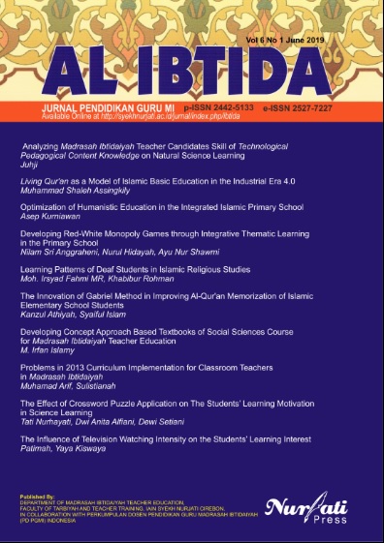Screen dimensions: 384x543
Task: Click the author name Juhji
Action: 28,166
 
